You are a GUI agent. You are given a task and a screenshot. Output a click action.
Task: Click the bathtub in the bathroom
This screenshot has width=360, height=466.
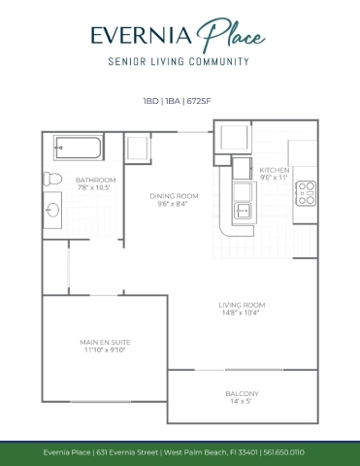point(79,148)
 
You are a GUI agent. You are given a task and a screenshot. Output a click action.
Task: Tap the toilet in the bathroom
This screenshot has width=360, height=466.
point(52,179)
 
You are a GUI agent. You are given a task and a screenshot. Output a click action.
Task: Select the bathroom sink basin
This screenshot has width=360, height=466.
point(52,211)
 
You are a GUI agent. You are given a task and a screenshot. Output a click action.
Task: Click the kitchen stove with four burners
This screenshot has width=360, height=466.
point(306,193)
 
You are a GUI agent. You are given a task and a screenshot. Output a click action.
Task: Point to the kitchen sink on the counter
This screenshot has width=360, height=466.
point(242,212)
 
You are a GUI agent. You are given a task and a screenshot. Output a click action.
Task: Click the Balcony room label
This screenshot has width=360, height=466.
point(243,394)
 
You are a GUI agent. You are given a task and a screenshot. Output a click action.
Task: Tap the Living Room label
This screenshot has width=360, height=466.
point(242,305)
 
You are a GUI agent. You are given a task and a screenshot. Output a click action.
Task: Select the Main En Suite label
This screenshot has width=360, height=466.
point(105,342)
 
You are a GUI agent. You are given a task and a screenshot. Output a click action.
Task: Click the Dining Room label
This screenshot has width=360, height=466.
point(174,196)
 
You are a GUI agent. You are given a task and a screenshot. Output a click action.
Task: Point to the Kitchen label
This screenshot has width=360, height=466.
point(275,170)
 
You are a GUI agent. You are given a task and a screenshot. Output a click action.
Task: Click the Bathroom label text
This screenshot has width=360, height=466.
point(96,180)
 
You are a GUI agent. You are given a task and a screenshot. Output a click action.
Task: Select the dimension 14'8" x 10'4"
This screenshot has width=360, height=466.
point(241,313)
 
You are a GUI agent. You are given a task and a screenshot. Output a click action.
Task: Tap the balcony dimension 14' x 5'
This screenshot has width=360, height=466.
point(241,402)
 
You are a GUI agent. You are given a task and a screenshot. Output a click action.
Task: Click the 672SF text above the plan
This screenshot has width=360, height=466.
point(199,101)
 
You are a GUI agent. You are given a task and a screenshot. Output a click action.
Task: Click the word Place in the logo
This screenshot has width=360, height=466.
point(231,35)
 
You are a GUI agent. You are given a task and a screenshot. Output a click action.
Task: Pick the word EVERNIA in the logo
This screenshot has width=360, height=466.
point(142,35)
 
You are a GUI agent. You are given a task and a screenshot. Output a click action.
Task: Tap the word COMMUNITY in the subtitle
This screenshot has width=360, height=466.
point(219,61)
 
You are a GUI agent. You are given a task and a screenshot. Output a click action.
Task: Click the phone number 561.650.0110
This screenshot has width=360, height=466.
point(284,452)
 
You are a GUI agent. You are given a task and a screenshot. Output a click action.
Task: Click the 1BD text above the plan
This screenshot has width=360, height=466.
point(150,101)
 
